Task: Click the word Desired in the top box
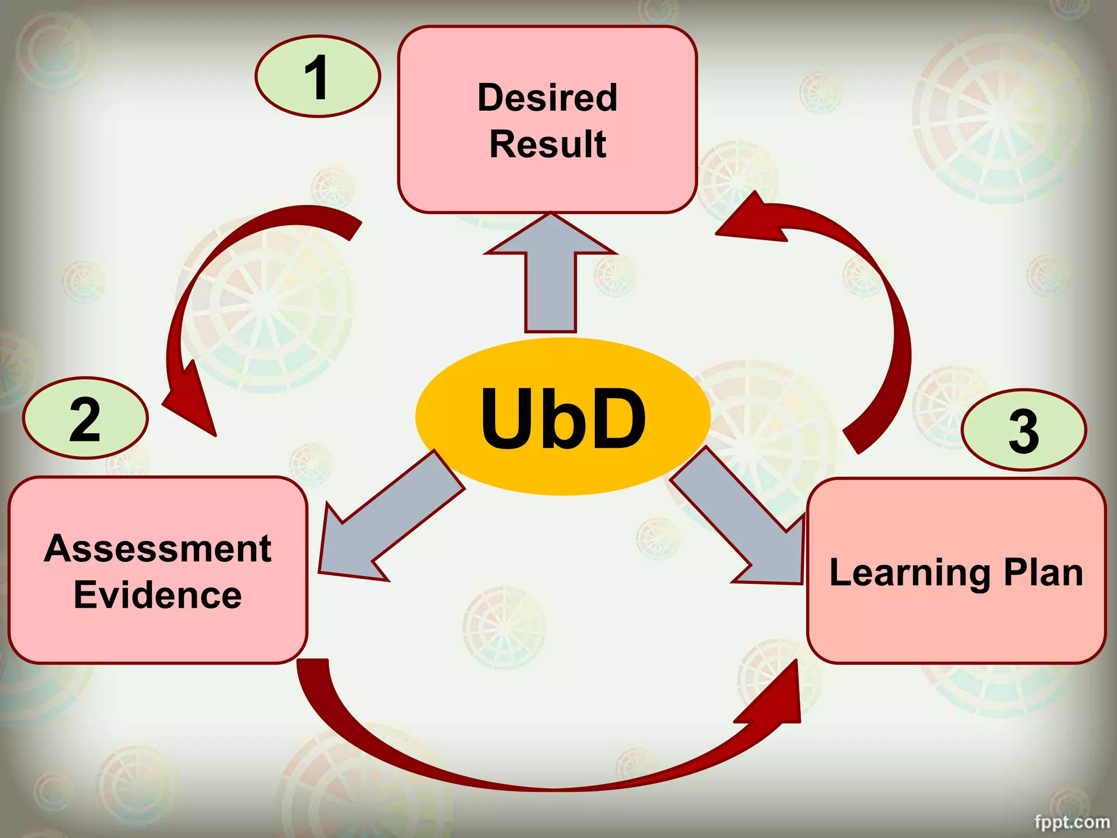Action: pos(547,98)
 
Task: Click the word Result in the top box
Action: pos(548,145)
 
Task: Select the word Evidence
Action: pos(158,595)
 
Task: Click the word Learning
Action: pos(909,574)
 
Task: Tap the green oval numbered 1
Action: pos(317,76)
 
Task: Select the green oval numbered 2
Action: pos(85,418)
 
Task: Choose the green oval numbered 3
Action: pos(1023,430)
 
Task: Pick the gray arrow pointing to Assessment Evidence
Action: pos(382,524)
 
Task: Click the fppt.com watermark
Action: pos(1071,822)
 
